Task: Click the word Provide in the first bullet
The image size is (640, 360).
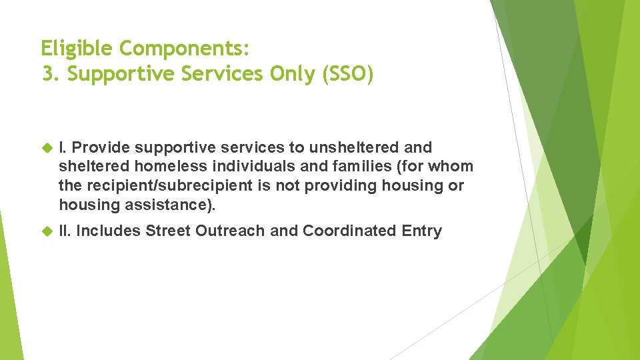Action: click(101, 147)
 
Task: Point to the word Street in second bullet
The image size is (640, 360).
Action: click(167, 231)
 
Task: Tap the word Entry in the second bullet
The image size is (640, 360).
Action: click(421, 231)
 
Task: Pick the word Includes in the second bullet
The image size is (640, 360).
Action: click(109, 231)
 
